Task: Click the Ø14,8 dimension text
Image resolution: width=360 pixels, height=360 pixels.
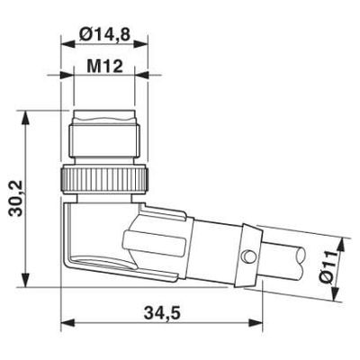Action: pos(104,34)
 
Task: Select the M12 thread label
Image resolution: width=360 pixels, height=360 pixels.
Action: pos(104,67)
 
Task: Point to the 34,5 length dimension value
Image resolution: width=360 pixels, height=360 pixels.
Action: pos(162,313)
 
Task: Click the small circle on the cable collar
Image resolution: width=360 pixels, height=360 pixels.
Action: pos(248,256)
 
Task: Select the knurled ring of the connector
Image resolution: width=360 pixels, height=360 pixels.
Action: pos(104,179)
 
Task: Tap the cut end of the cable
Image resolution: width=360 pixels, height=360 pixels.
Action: pos(300,259)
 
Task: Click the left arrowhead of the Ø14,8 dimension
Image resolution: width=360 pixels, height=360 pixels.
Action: pos(67,44)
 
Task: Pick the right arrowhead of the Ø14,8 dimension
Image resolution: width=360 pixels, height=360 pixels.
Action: pos(141,44)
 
